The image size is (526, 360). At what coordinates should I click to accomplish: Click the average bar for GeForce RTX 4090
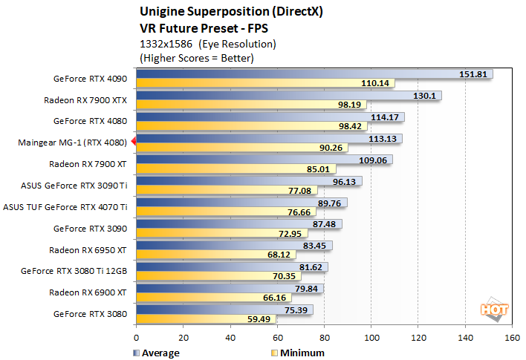click(x=312, y=74)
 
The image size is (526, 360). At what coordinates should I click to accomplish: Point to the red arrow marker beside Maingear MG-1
click(x=133, y=142)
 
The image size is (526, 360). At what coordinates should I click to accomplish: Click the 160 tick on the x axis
click(x=512, y=337)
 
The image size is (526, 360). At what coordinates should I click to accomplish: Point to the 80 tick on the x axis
click(x=323, y=337)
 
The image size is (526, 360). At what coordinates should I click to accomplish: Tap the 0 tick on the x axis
click(x=136, y=337)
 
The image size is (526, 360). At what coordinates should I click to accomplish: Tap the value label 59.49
click(x=260, y=319)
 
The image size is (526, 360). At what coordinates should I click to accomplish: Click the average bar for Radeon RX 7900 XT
click(x=264, y=160)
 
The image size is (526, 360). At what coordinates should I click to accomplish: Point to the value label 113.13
click(x=386, y=138)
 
